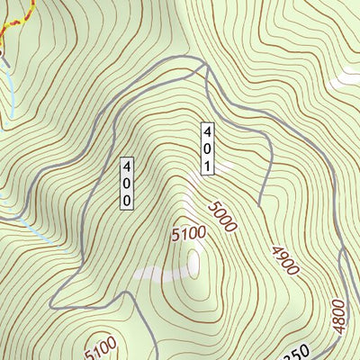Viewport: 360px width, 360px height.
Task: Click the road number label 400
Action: click(x=128, y=184)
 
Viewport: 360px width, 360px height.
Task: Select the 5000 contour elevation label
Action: click(x=221, y=216)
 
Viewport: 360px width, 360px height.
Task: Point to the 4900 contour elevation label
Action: click(x=284, y=256)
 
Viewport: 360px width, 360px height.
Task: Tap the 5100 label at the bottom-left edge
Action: click(x=102, y=346)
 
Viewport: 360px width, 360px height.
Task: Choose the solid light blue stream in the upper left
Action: click(x=11, y=90)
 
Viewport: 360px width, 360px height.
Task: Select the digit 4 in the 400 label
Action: click(x=128, y=167)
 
